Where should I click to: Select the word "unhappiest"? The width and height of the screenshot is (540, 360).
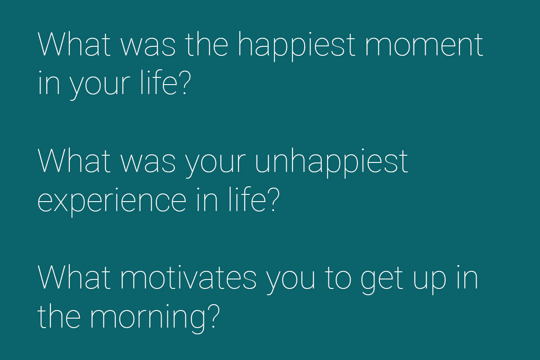[x=331, y=162]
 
